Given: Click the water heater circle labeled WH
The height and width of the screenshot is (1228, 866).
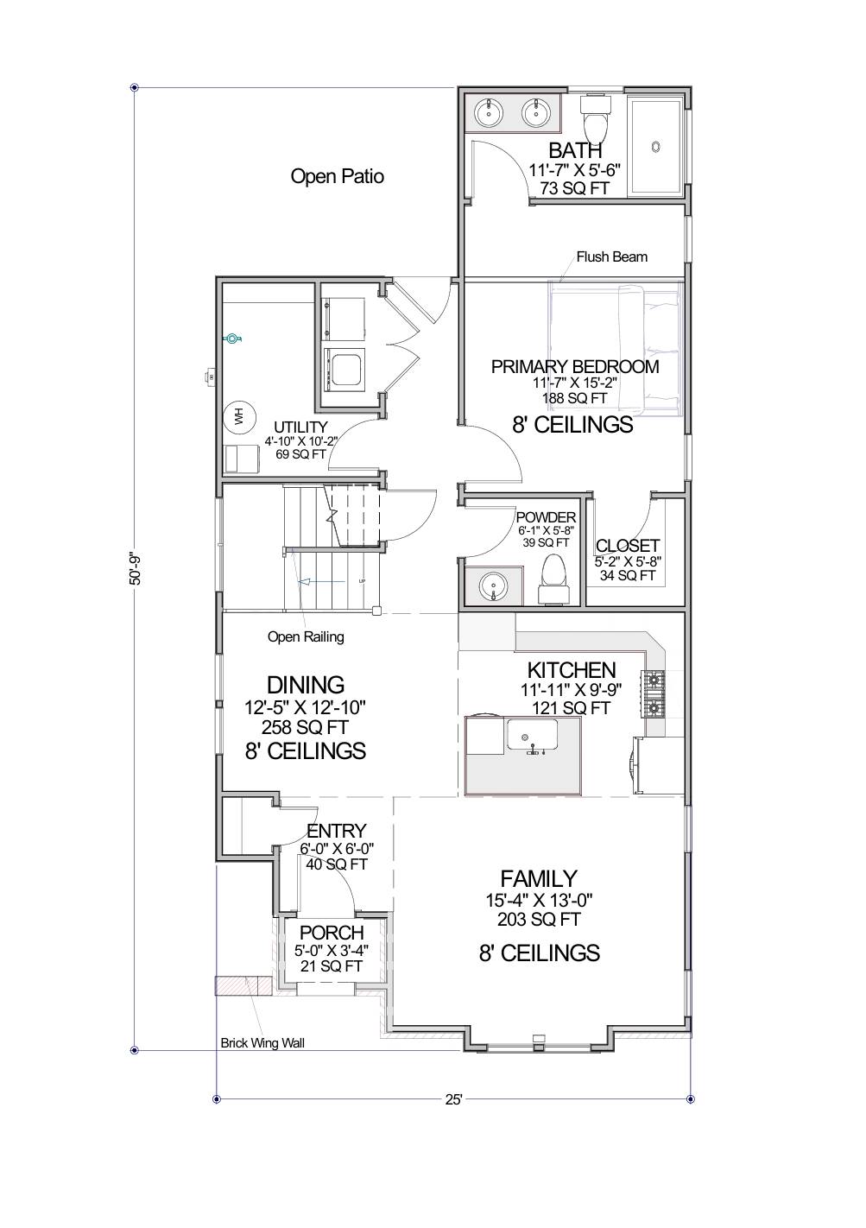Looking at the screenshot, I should click(x=238, y=417).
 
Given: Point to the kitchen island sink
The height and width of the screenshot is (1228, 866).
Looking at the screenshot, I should click(x=531, y=736).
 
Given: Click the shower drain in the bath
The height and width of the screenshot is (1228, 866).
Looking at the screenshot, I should click(x=655, y=147).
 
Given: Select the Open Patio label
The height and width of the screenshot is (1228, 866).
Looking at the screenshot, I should click(x=337, y=177).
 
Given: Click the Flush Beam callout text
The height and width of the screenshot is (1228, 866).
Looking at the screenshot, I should click(x=611, y=256).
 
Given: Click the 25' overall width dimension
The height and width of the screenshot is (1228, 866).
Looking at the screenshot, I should click(x=453, y=1099).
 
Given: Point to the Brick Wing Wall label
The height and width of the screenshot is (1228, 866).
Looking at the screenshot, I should click(x=262, y=1042).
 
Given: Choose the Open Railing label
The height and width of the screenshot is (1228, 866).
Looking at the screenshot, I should click(x=306, y=636).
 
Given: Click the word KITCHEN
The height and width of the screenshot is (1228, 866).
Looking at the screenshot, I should click(x=572, y=670).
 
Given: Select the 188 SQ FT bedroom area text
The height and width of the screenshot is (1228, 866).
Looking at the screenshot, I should click(x=574, y=398).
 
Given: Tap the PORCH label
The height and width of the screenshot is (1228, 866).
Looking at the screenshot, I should click(x=331, y=933).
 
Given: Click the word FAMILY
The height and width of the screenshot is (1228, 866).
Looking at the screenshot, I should click(x=539, y=878).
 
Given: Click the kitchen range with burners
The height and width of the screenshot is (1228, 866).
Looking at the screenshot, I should click(x=654, y=695).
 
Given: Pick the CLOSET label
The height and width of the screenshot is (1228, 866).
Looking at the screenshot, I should click(x=628, y=546).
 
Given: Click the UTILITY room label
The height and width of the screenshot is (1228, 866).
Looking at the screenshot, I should click(x=300, y=427).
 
